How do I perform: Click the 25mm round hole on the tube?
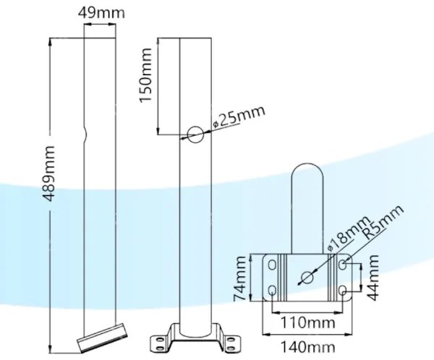pyautogui.click(x=195, y=133)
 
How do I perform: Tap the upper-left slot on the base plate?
pyautogui.click(x=273, y=265)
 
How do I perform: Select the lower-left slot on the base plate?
pyautogui.click(x=273, y=291)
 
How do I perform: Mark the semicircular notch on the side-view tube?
pyautogui.click(x=85, y=134)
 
